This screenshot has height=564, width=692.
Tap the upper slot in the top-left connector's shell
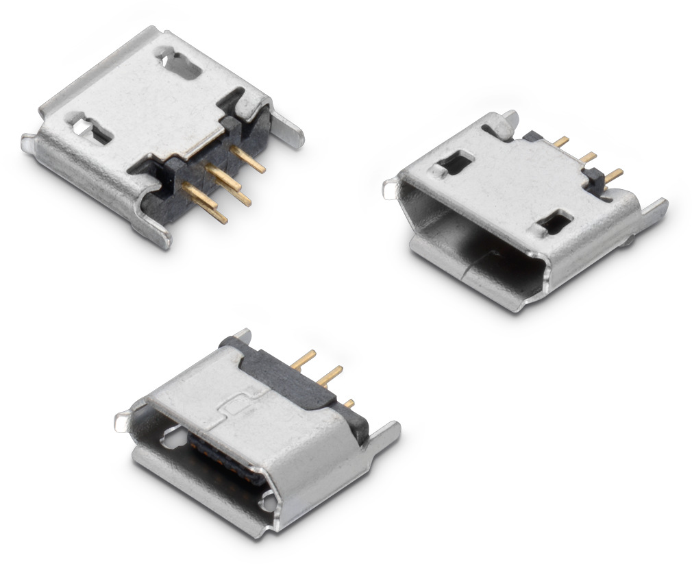click(182, 62)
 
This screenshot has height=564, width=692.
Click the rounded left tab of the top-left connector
click(29, 143)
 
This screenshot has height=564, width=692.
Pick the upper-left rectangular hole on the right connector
click(454, 162)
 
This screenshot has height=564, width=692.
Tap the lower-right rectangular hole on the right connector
click(555, 222)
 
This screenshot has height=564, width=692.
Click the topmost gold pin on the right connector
click(561, 141)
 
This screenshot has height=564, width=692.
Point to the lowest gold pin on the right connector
click(614, 175)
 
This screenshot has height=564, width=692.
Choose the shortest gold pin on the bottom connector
click(349, 403)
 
